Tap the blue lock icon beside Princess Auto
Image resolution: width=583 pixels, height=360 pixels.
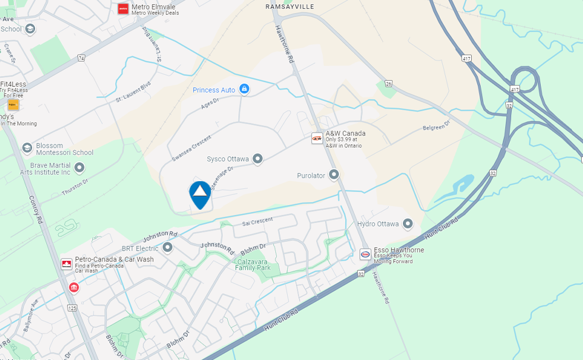pyautogui.click(x=244, y=89)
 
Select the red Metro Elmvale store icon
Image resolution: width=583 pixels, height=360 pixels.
pyautogui.click(x=123, y=8)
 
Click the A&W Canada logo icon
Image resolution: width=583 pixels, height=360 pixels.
pyautogui.click(x=317, y=138)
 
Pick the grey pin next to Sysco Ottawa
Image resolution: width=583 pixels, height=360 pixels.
pyautogui.click(x=257, y=159)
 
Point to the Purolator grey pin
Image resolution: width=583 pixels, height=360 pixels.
pyautogui.click(x=334, y=175)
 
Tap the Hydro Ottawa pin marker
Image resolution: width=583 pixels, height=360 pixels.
pyautogui.click(x=408, y=224)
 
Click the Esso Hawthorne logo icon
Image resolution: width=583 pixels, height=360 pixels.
pyautogui.click(x=365, y=254)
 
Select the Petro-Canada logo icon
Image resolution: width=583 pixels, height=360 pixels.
pyautogui.click(x=67, y=264)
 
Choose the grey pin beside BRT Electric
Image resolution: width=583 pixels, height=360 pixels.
pyautogui.click(x=168, y=247)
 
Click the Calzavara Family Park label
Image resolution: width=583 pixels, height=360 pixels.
pyautogui.click(x=253, y=264)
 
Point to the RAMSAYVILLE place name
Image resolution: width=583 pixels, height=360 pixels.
pyautogui.click(x=289, y=7)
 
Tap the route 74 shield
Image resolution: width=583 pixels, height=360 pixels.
pyautogui.click(x=81, y=58)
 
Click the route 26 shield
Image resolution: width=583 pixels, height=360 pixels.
pyautogui.click(x=388, y=84)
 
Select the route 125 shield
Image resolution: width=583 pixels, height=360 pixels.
pyautogui.click(x=73, y=308)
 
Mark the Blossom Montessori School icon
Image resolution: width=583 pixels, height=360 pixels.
pyautogui.click(x=27, y=148)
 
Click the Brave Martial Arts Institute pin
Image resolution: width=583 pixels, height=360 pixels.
pyautogui.click(x=80, y=168)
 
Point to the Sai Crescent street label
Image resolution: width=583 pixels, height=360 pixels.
pyautogui.click(x=257, y=222)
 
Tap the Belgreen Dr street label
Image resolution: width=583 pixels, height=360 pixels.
pyautogui.click(x=436, y=126)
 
